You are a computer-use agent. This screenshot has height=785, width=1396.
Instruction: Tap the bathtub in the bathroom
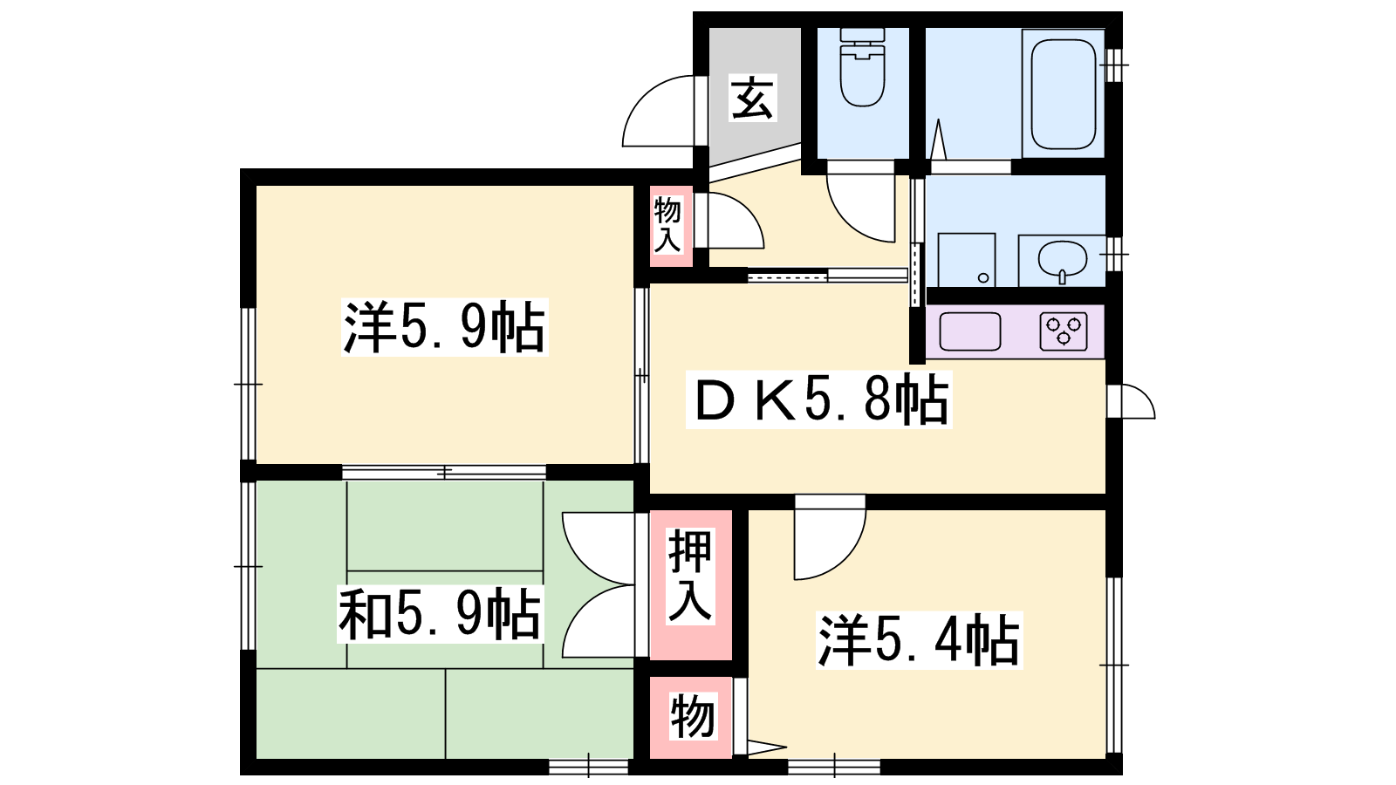1063,95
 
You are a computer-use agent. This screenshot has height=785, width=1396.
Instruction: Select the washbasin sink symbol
1063,261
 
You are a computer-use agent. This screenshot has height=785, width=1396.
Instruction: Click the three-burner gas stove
1064,331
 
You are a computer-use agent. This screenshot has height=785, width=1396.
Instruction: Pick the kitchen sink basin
969,331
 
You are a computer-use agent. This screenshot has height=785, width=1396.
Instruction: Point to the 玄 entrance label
753,98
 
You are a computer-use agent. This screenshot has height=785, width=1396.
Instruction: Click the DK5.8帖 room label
819,400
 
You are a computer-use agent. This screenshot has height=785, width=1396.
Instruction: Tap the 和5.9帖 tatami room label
440,614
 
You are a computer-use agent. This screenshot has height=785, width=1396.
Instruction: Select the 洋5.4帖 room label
920,640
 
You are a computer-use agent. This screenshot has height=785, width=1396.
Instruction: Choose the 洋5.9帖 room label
444,327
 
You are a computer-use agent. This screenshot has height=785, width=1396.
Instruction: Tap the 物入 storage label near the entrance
667,224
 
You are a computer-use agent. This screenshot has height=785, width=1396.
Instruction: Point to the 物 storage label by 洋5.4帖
693,717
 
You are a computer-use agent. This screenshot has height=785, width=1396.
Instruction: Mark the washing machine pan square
967,261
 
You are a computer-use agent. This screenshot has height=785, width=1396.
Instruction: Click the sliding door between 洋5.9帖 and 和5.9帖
444,472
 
